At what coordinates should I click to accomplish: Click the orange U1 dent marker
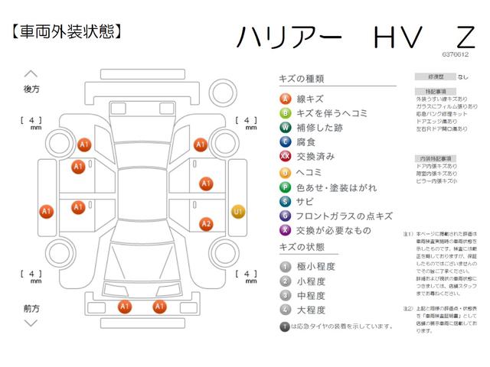238,211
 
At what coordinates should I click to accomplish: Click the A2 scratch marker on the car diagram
206,224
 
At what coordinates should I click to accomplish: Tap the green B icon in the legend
285,113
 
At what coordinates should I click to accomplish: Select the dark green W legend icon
285,128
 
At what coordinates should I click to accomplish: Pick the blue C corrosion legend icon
285,142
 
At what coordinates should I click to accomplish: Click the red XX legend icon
285,157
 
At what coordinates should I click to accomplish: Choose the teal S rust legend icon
285,201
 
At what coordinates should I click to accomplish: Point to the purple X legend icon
285,230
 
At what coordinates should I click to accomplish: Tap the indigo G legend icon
285,216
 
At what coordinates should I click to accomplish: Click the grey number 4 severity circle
285,310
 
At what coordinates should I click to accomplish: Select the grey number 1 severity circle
285,266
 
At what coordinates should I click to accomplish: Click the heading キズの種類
302,79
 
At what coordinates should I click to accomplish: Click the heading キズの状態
302,248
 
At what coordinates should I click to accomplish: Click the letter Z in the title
464,37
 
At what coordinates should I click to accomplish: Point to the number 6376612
456,55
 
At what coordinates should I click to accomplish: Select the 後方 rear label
31,89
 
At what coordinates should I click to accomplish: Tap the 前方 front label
31,308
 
